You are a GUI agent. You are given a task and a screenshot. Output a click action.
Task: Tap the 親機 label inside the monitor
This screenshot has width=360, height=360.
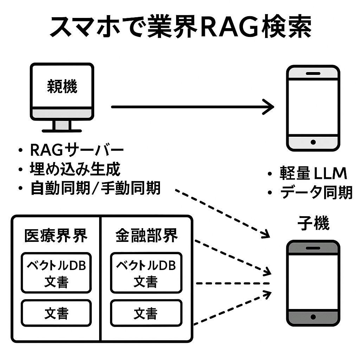pyautogui.click(x=62, y=86)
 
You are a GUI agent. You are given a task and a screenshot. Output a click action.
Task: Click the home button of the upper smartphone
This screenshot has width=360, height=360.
pyautogui.click(x=313, y=142)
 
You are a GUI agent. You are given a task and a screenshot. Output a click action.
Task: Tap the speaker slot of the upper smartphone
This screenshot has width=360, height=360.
pyautogui.click(x=313, y=73)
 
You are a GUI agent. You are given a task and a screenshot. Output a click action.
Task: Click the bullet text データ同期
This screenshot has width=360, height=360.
pyautogui.click(x=316, y=192)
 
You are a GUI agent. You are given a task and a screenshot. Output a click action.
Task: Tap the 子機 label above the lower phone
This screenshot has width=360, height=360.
pyautogui.click(x=313, y=224)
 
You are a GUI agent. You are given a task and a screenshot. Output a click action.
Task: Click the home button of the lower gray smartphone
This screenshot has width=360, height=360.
pyautogui.click(x=313, y=317)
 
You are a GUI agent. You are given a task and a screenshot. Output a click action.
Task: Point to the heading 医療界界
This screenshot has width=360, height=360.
pyautogui.click(x=56, y=236)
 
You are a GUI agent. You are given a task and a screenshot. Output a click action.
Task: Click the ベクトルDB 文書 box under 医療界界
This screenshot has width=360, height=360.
pyautogui.click(x=56, y=273)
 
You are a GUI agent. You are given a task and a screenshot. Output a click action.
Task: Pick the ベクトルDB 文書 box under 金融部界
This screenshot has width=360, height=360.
pyautogui.click(x=146, y=273)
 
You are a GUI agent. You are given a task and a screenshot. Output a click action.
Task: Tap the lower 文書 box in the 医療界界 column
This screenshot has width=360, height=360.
pyautogui.click(x=56, y=313)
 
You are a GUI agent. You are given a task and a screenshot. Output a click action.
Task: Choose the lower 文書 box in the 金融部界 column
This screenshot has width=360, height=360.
pyautogui.click(x=146, y=313)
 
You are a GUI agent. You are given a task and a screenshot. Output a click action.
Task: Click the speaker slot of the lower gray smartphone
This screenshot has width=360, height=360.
pyautogui.click(x=313, y=248)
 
